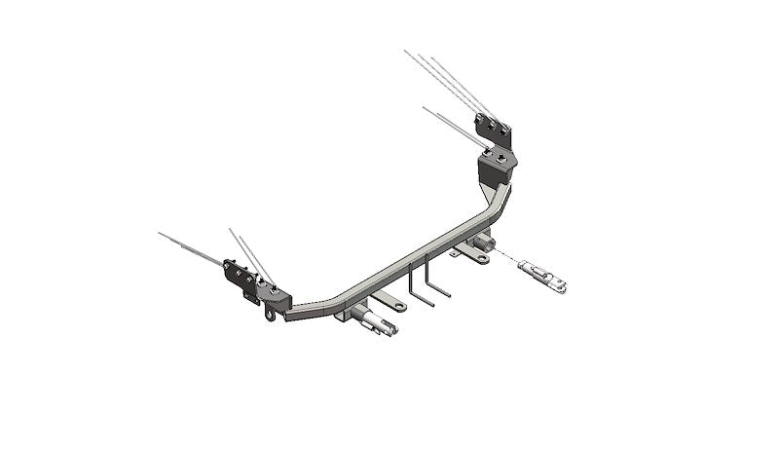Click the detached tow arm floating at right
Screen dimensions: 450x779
pyautogui.click(x=544, y=274)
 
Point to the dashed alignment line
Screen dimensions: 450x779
pyautogui.click(x=507, y=254)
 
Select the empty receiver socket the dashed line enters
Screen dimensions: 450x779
pyautogui.click(x=484, y=243)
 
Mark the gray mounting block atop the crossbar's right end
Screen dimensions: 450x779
pyautogui.click(x=497, y=168)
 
